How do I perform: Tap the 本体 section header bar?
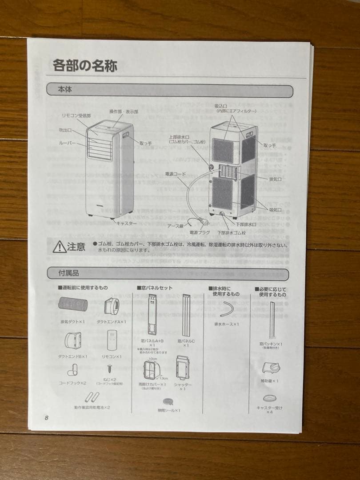169,91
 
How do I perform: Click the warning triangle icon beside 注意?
59,247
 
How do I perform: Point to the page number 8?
46,417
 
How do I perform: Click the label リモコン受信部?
76,116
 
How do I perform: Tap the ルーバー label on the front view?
68,144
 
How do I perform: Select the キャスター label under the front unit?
126,223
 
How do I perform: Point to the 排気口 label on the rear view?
276,179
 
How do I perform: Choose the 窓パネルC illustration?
186,316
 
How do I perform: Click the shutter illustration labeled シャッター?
182,368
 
